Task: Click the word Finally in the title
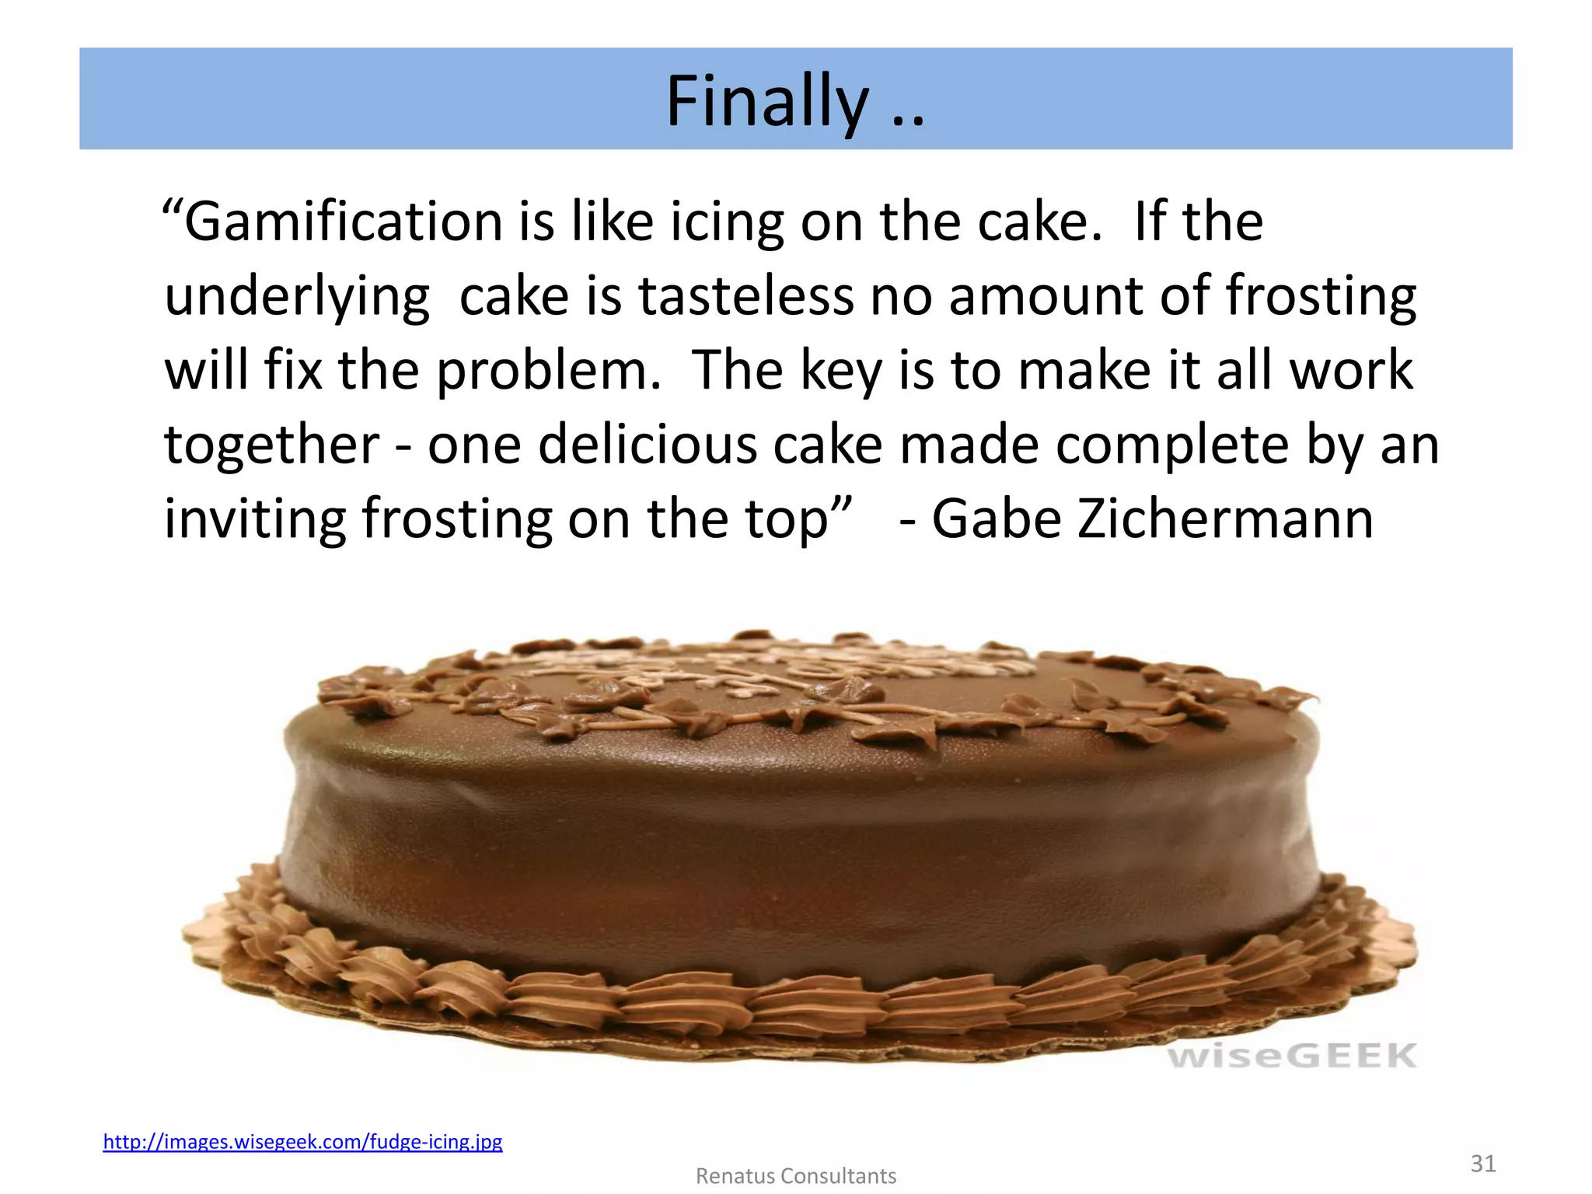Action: pos(766,101)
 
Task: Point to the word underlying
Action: pos(297,298)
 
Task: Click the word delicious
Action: pos(647,445)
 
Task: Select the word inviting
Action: pos(254,519)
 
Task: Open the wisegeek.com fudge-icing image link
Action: pos(302,1142)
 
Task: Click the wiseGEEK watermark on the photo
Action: pos(1292,1056)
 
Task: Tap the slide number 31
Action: pos(1483,1163)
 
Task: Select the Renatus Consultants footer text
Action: pos(795,1176)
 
